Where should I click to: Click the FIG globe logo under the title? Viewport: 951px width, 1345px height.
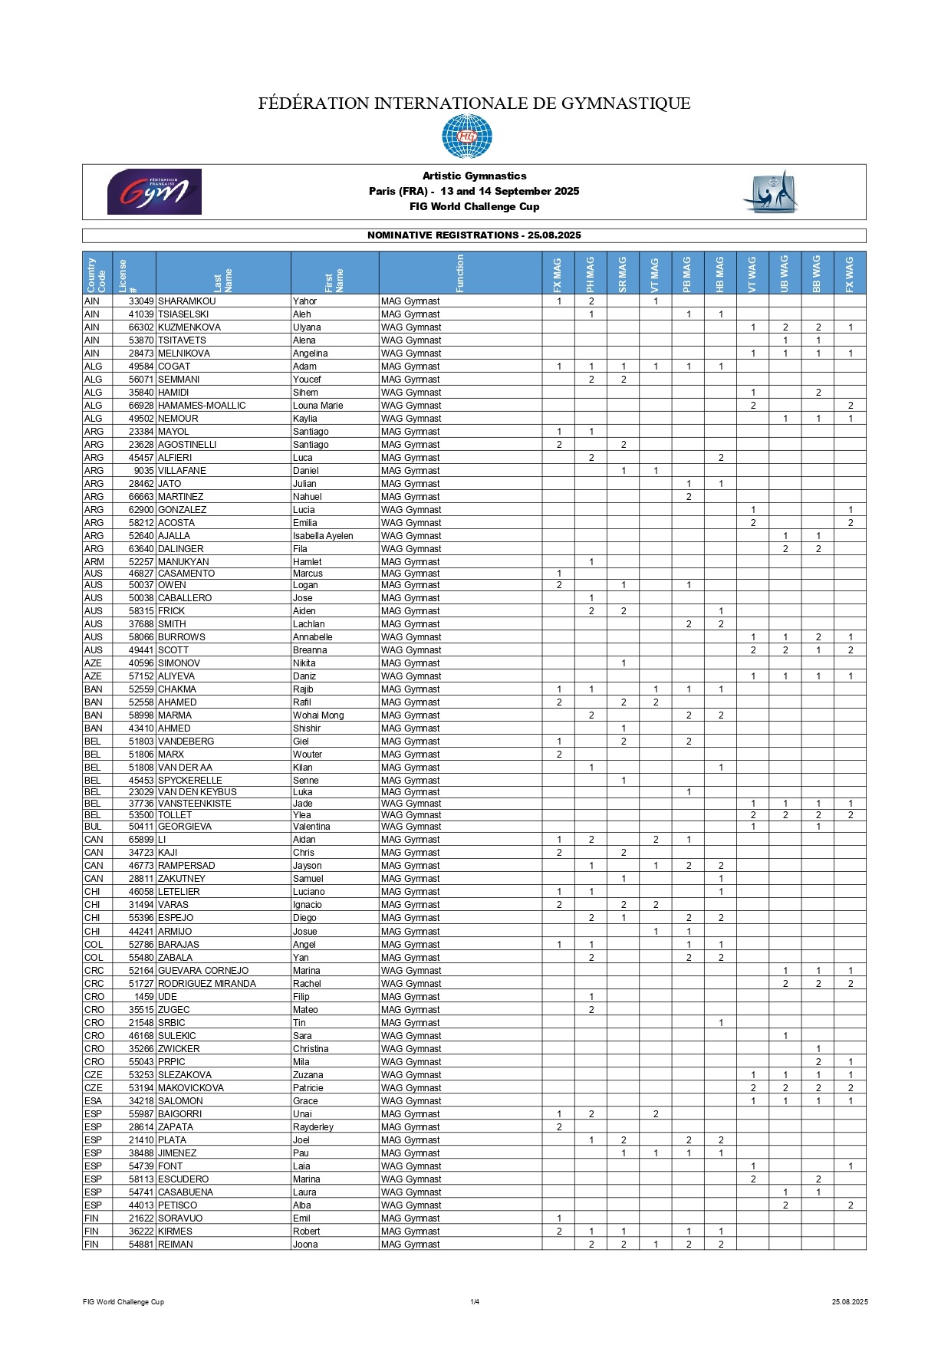[466, 136]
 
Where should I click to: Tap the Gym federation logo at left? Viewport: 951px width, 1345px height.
[154, 192]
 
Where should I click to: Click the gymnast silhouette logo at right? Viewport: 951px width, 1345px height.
[772, 192]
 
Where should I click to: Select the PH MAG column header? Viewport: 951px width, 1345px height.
[591, 274]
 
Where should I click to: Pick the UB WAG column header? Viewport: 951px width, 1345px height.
[785, 274]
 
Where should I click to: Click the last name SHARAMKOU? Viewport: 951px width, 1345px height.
[186, 301]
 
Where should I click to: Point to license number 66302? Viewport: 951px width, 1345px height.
[141, 327]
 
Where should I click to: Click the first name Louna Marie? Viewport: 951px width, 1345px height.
[318, 406]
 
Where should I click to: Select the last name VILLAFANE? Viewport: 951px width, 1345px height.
[182, 471]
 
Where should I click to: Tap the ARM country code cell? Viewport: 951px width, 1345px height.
[94, 562]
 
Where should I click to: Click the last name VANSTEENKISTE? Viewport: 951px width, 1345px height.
[194, 804]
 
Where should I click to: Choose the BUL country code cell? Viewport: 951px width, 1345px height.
[94, 827]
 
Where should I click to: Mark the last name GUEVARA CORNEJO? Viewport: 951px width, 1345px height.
[203, 971]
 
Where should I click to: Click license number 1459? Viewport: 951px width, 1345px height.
[144, 997]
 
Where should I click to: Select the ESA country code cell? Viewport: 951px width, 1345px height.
[93, 1101]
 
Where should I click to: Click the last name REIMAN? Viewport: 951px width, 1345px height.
[175, 1245]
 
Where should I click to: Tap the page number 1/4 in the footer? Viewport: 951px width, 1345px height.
[475, 1301]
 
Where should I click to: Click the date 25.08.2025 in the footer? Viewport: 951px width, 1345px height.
[850, 1301]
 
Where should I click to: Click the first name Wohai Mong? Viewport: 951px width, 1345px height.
[318, 715]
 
